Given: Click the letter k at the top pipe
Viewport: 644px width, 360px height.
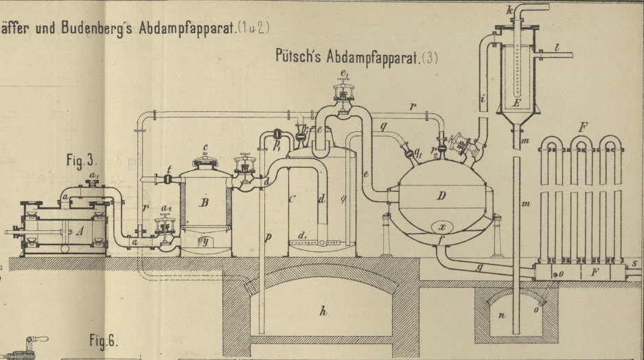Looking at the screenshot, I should point(509,12).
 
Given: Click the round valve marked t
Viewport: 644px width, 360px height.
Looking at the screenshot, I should point(168,178).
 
